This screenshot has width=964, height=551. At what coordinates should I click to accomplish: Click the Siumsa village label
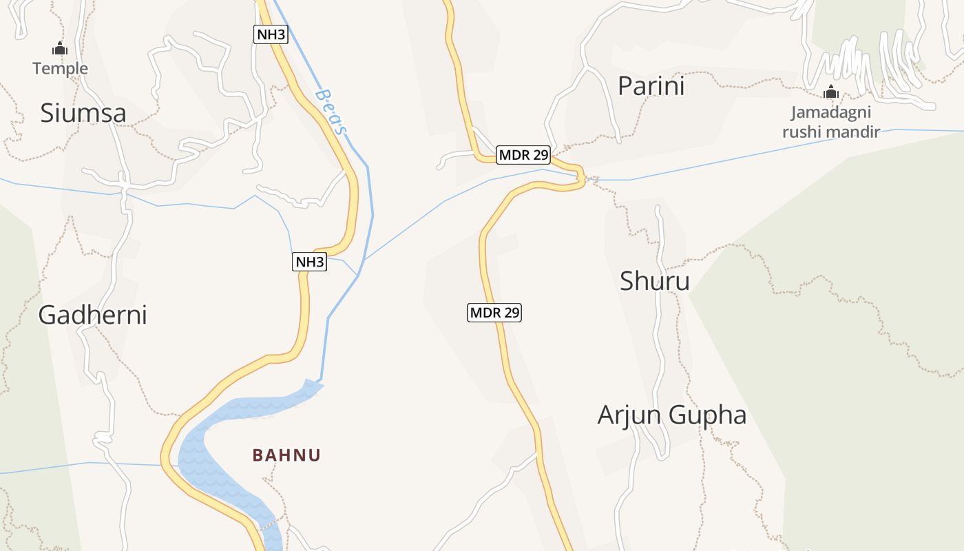[x=83, y=113]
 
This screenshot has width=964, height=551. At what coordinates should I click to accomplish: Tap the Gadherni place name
[x=92, y=315]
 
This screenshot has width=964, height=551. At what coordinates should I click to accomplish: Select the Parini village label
[x=651, y=86]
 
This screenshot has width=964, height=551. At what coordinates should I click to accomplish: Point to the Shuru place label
[x=654, y=281]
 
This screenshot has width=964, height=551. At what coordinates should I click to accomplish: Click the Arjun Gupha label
[x=671, y=415]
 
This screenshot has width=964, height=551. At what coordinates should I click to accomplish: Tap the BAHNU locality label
[x=286, y=455]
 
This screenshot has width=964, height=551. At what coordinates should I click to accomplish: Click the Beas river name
[x=332, y=111]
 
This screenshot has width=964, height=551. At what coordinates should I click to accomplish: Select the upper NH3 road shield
[x=271, y=34]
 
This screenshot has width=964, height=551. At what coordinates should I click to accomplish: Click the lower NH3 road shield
[x=310, y=262]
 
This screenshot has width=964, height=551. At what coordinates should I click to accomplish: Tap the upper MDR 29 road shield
[x=523, y=155]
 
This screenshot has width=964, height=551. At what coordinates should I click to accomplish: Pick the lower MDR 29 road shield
[x=494, y=313]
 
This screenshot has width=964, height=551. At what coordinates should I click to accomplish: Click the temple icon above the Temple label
[x=60, y=49]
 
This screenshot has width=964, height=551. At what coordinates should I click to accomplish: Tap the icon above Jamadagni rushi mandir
[x=831, y=92]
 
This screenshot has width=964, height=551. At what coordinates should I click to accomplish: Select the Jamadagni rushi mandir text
[x=831, y=122]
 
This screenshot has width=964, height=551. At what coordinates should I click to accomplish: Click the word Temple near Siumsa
[x=61, y=68]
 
